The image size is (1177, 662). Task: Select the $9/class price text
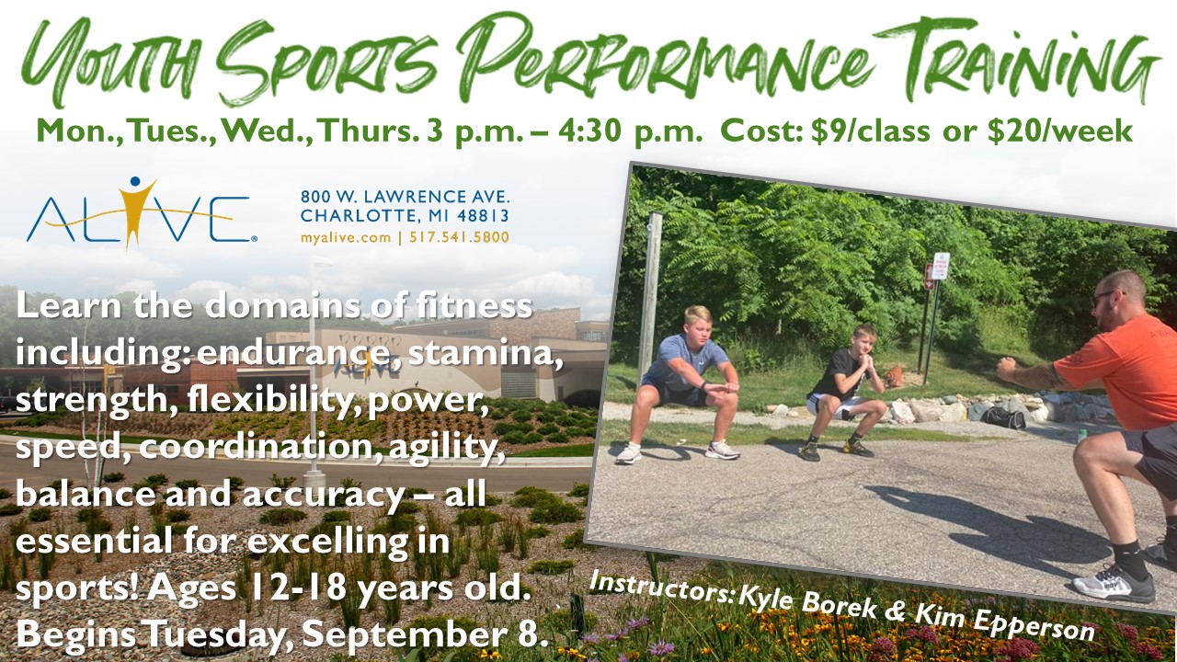(871, 131)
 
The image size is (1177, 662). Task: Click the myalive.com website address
(346, 237)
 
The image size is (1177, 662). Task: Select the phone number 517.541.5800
(459, 237)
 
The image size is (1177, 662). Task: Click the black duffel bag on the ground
(1003, 418)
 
